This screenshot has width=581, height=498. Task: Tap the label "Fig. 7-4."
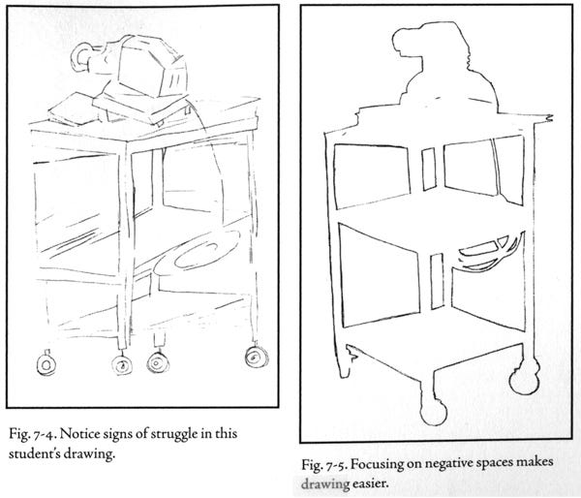click(33, 433)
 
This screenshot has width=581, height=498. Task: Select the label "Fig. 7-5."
click(323, 464)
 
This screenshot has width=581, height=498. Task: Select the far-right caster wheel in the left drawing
click(256, 357)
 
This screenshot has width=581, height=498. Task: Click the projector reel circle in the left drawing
click(81, 56)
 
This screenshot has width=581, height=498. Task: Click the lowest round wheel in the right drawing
click(433, 411)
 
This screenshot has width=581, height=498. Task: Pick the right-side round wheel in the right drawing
click(524, 378)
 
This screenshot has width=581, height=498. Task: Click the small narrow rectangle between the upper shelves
click(429, 170)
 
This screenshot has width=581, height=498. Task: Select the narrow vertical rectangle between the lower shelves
click(438, 281)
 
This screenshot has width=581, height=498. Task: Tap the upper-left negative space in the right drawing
click(372, 175)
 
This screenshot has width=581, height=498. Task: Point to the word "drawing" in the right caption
click(325, 483)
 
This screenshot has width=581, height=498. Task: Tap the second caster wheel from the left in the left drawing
click(122, 364)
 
